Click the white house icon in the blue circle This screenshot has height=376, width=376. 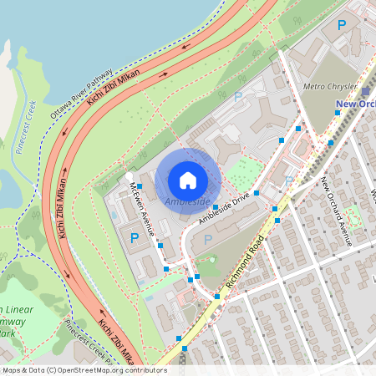coord(188,180)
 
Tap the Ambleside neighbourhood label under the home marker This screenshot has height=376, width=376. coord(188,202)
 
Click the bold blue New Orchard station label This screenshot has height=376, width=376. coord(355,104)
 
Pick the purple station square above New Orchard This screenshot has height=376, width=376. coord(366,91)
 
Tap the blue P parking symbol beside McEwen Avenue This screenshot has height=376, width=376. coord(135,238)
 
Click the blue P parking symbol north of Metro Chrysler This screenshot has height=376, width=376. coord(341,26)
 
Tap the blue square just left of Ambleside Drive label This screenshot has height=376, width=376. coord(216,206)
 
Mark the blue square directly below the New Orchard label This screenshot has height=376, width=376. coord(338,113)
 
